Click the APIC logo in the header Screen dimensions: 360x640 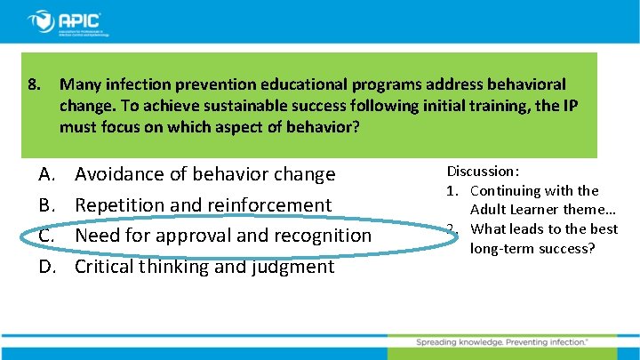(67, 21)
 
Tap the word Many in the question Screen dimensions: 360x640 (79, 85)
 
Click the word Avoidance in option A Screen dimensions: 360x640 (118, 174)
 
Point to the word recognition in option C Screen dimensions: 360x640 (325, 236)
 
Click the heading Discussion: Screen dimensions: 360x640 (483, 171)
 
